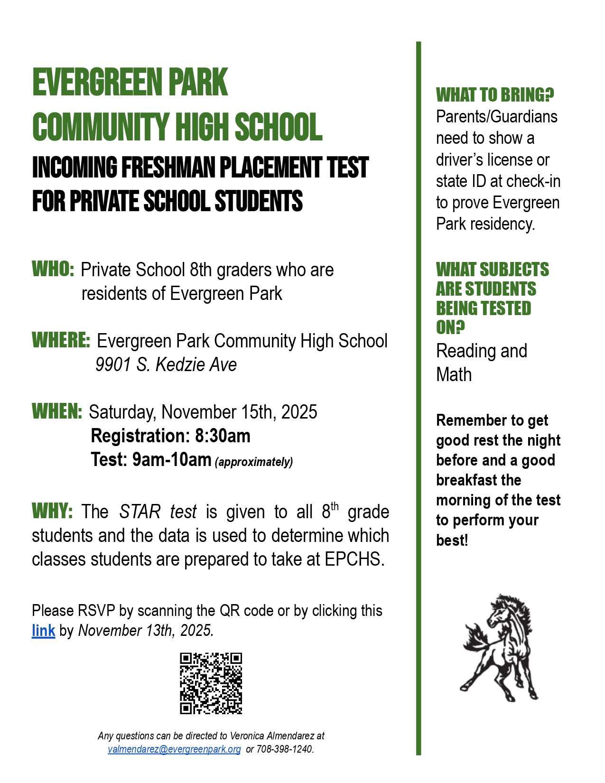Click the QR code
[x=211, y=683]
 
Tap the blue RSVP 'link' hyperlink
[x=43, y=631]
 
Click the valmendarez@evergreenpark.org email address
[x=174, y=749]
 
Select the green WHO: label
[x=53, y=269]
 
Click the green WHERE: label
[x=61, y=340]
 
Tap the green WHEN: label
[x=57, y=411]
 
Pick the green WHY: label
[x=52, y=511]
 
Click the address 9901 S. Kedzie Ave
[x=166, y=364]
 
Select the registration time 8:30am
[x=223, y=436]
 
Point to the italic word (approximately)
[x=254, y=462]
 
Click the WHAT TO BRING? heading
[x=495, y=95]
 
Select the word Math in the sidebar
[x=454, y=374]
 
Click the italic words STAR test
[x=158, y=512]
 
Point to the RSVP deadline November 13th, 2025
[x=146, y=631]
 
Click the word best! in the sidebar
[x=452, y=540]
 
